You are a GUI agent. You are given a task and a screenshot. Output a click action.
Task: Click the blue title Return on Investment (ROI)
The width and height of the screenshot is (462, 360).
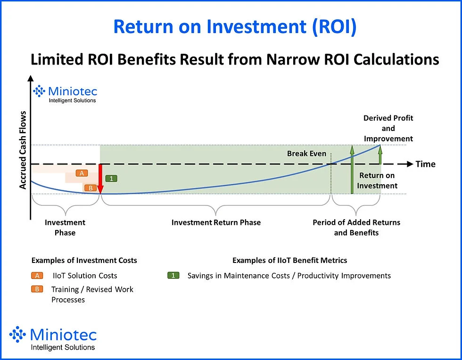235,27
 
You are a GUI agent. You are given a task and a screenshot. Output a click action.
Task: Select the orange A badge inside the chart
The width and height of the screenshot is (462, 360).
82,173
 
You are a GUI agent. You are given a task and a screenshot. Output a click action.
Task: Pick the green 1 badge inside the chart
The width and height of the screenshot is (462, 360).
111,179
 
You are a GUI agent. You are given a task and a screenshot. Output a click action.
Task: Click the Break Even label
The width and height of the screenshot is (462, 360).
306,154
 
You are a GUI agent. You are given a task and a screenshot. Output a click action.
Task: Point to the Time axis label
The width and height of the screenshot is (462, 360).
425,164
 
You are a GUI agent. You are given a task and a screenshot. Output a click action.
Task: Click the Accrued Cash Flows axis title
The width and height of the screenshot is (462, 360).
23,150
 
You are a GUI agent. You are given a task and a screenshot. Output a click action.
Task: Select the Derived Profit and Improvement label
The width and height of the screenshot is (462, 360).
388,128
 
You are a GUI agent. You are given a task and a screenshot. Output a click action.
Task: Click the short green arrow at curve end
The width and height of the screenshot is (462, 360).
380,152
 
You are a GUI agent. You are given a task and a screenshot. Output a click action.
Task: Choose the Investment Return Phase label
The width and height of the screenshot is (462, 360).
216,222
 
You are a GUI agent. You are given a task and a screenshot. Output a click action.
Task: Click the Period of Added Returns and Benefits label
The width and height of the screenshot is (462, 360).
356,228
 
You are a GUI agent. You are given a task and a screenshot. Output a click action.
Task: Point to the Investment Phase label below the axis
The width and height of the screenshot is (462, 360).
65,228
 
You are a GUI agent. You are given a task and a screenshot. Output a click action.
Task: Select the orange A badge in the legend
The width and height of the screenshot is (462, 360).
37,276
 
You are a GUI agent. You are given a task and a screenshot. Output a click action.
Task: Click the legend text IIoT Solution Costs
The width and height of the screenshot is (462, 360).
84,276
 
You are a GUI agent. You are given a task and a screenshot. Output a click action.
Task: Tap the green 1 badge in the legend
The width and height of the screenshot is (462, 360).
174,276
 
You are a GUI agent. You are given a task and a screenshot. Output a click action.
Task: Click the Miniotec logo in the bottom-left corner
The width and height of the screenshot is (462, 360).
53,339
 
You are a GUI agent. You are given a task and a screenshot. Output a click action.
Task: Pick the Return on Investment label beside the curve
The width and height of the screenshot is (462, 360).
377,180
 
